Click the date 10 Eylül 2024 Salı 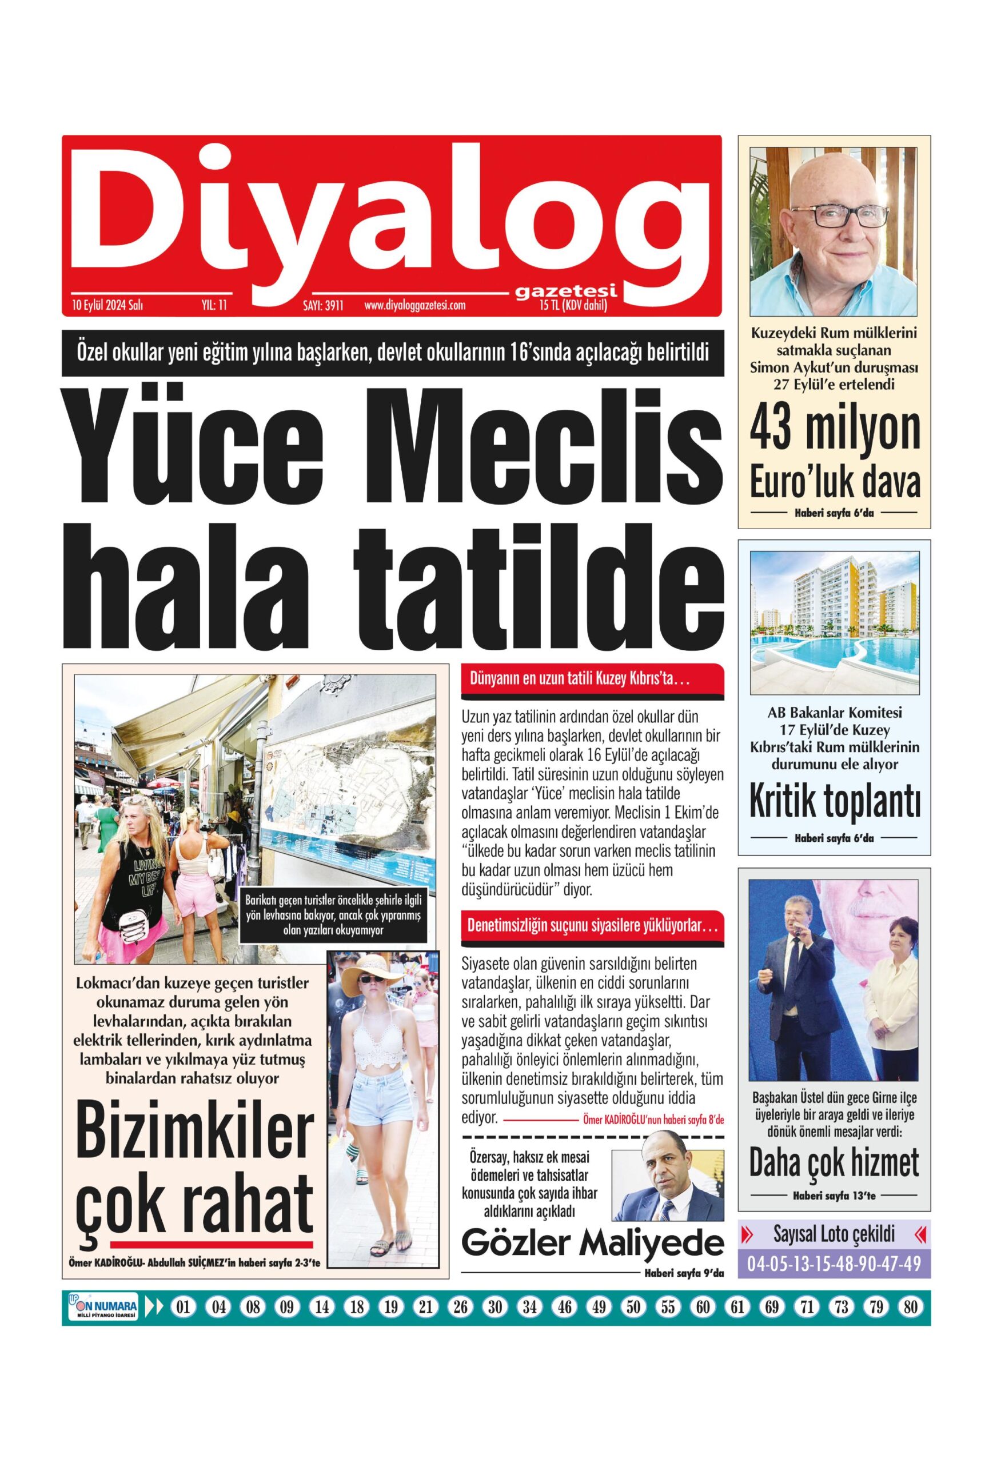(107, 306)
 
